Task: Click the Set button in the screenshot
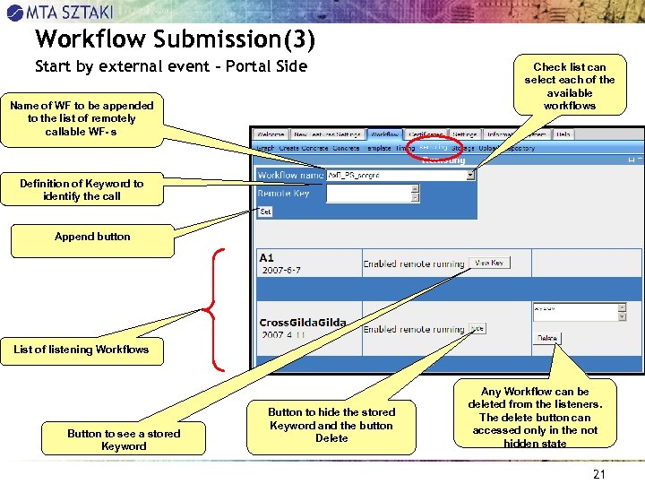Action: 265,212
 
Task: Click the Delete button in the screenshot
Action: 546,339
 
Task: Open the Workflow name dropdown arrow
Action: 470,176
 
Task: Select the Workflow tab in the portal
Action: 384,134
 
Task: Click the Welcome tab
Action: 270,134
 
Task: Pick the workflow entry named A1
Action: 267,257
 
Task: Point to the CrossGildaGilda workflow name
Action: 302,323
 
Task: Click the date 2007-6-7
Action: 281,270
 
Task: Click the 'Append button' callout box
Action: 92,238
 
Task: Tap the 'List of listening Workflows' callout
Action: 82,350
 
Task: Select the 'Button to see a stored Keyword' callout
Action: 124,439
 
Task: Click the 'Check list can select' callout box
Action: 570,86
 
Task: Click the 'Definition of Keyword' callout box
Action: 82,189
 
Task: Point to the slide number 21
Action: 599,474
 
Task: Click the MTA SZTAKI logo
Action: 61,12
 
